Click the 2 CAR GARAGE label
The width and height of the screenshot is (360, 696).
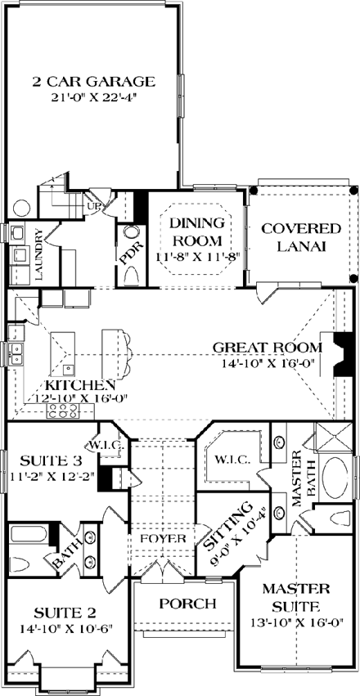tap(93, 81)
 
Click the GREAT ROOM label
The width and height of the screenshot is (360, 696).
tap(268, 347)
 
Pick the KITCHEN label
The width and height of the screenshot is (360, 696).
tap(79, 384)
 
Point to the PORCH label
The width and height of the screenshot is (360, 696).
tap(187, 604)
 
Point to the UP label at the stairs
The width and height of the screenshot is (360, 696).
tap(92, 207)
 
